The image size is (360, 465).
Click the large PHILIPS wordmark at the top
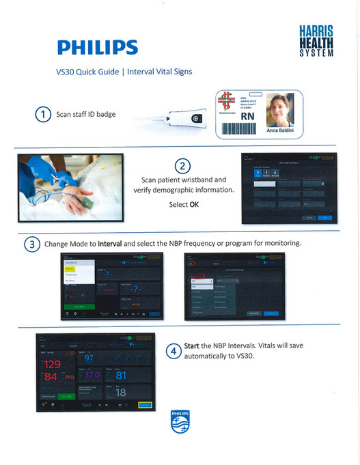[x=97, y=47]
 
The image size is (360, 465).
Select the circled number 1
[x=43, y=115]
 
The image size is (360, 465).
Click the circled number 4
[x=174, y=351]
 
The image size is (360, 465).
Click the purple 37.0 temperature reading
[x=93, y=376]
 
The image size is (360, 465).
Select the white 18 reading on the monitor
[x=120, y=393]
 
